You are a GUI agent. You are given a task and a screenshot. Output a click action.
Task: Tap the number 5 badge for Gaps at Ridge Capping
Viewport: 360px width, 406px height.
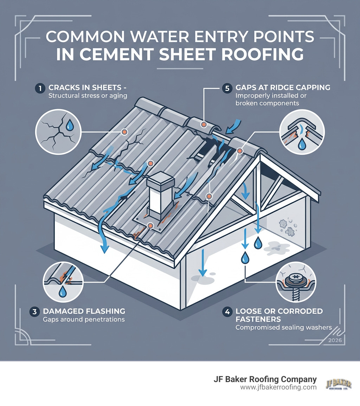(226, 88)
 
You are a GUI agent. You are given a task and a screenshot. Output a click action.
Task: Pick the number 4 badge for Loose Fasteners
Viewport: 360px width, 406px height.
(227, 311)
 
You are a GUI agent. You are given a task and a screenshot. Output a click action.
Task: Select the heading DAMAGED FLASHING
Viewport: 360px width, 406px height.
(84, 311)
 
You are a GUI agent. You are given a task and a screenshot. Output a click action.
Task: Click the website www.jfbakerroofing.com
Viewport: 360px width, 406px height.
(278, 387)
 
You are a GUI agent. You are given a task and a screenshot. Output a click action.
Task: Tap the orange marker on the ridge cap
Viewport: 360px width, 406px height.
(203, 124)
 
